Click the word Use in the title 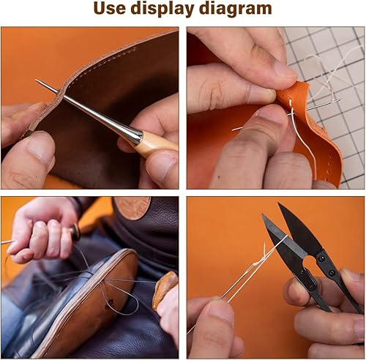pyautogui.click(x=112, y=10)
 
